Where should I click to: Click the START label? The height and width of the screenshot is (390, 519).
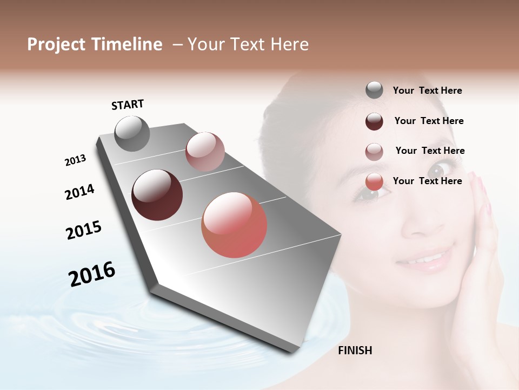click(128, 105)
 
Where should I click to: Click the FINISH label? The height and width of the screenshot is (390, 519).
click(355, 350)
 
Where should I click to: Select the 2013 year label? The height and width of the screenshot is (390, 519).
click(75, 160)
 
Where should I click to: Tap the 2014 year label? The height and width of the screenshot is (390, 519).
click(79, 192)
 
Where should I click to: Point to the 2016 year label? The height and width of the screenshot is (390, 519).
click(92, 274)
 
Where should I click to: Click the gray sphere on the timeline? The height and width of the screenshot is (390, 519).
click(132, 133)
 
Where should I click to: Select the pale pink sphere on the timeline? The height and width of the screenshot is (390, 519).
click(205, 152)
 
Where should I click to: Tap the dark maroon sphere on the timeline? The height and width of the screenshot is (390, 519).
click(157, 195)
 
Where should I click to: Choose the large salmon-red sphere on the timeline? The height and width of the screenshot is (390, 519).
click(234, 225)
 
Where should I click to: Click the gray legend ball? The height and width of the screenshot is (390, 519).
click(374, 90)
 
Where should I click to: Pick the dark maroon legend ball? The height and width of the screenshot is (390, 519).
click(374, 121)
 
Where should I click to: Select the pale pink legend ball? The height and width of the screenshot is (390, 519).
click(374, 152)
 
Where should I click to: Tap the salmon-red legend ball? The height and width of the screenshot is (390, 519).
click(374, 182)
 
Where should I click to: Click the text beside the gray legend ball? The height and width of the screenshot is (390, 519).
click(428, 90)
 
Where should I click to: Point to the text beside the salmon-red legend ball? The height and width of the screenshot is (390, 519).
click(428, 181)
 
